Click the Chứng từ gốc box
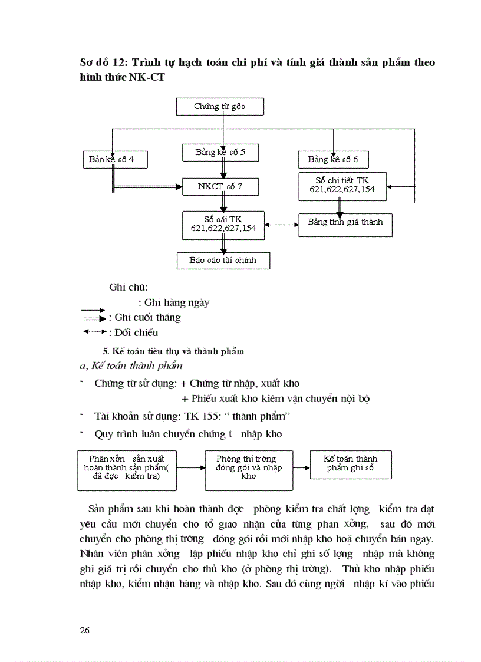coord(220,107)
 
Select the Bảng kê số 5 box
coord(220,153)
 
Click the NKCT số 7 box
coord(220,187)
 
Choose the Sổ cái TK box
coord(223,224)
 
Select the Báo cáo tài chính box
coord(223,261)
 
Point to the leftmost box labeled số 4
coord(115,159)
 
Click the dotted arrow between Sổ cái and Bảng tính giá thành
coord(282,225)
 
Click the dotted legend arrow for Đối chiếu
coord(94,332)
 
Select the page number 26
coord(84,630)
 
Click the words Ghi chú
coord(128,288)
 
